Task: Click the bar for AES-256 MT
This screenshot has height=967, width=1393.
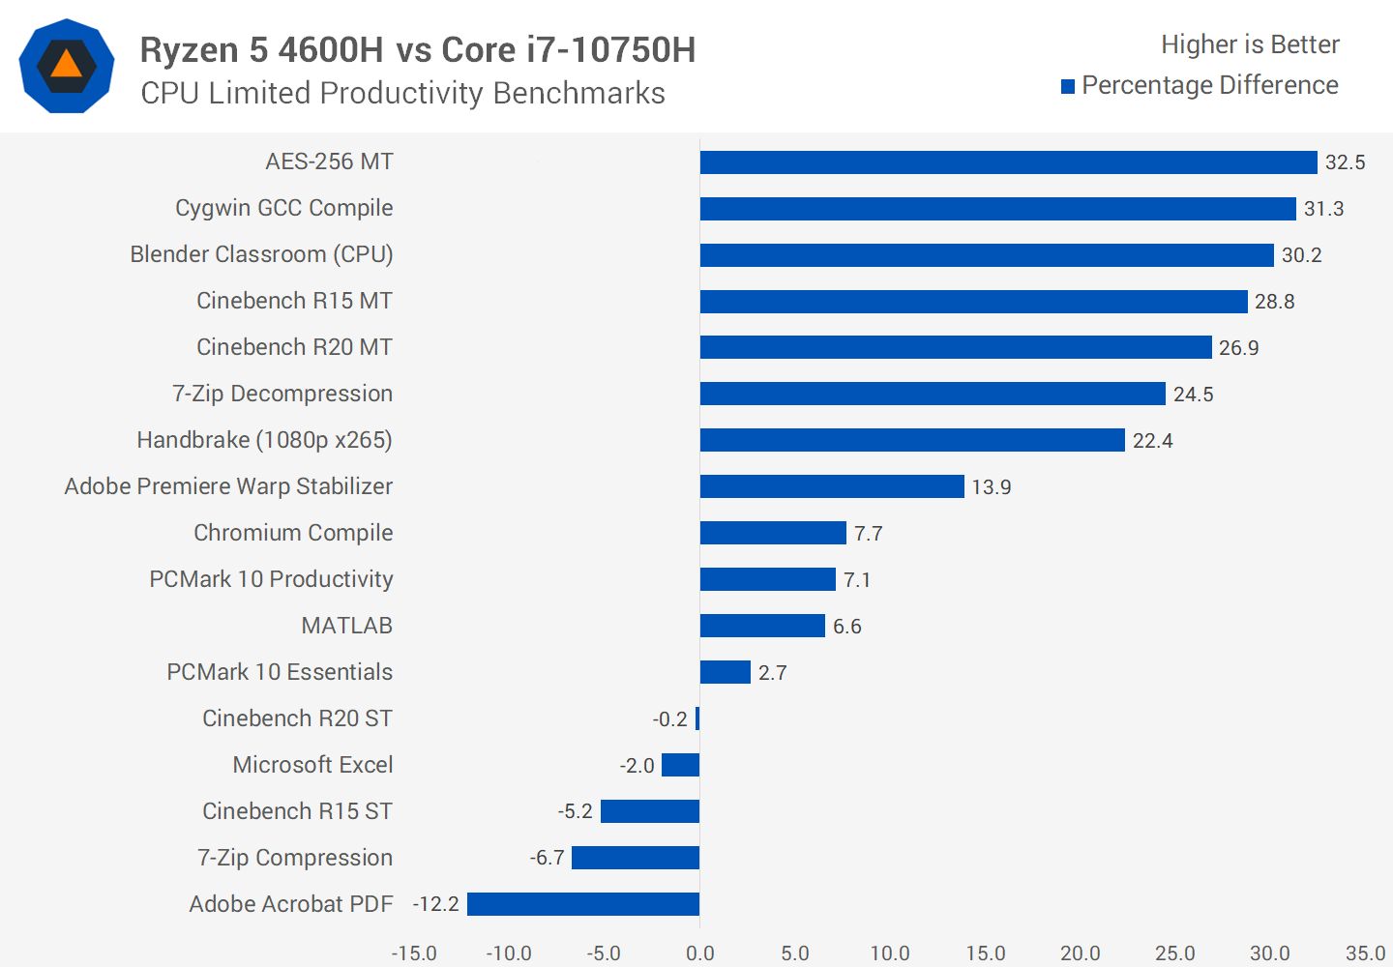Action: click(x=1008, y=162)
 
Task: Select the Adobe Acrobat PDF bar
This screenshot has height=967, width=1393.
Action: click(x=583, y=904)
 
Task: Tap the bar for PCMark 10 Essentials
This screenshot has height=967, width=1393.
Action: click(x=726, y=672)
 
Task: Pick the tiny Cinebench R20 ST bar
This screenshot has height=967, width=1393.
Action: click(x=697, y=718)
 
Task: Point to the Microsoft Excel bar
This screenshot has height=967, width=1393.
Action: click(x=680, y=765)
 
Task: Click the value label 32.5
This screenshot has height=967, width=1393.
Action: click(x=1345, y=162)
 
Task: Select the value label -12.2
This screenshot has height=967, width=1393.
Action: click(x=436, y=904)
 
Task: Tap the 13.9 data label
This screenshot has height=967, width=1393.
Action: click(x=992, y=487)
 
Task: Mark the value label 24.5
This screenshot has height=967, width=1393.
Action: click(x=1193, y=395)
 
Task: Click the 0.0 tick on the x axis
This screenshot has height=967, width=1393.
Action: click(x=699, y=953)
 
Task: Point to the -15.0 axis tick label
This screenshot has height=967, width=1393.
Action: click(x=414, y=953)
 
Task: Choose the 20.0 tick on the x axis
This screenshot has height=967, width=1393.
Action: click(x=1080, y=953)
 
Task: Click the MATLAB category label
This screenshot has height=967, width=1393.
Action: click(x=346, y=626)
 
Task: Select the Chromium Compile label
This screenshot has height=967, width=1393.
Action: click(x=293, y=533)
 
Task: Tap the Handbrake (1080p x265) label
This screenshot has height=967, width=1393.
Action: click(x=264, y=440)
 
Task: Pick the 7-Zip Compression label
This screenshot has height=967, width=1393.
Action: click(x=295, y=858)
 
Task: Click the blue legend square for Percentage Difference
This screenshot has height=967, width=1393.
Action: click(x=1068, y=87)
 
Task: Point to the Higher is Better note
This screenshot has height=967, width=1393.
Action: click(x=1250, y=44)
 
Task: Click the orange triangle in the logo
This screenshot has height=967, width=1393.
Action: click(x=66, y=65)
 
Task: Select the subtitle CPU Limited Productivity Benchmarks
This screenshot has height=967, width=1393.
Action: click(x=402, y=93)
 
